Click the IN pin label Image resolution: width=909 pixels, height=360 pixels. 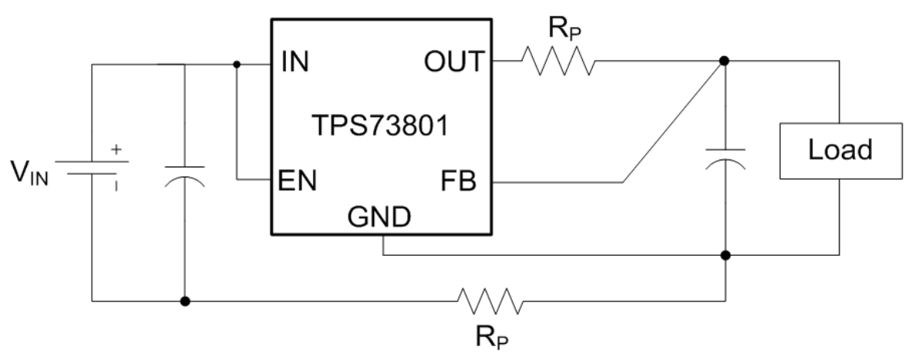pyautogui.click(x=295, y=62)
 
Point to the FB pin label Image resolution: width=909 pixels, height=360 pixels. pyautogui.click(x=460, y=182)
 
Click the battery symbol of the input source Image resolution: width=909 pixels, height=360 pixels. pyautogui.click(x=92, y=169)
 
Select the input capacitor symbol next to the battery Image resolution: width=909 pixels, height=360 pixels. pyautogui.click(x=185, y=175)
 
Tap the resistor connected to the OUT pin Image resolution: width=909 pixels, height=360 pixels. pyautogui.click(x=557, y=62)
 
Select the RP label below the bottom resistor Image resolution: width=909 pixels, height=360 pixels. pyautogui.click(x=490, y=338)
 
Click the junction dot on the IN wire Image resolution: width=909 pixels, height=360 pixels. pyautogui.click(x=236, y=65)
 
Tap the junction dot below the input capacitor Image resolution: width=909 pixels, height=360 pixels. pyautogui.click(x=185, y=300)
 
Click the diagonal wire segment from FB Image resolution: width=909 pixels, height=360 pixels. pyautogui.click(x=672, y=122)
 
